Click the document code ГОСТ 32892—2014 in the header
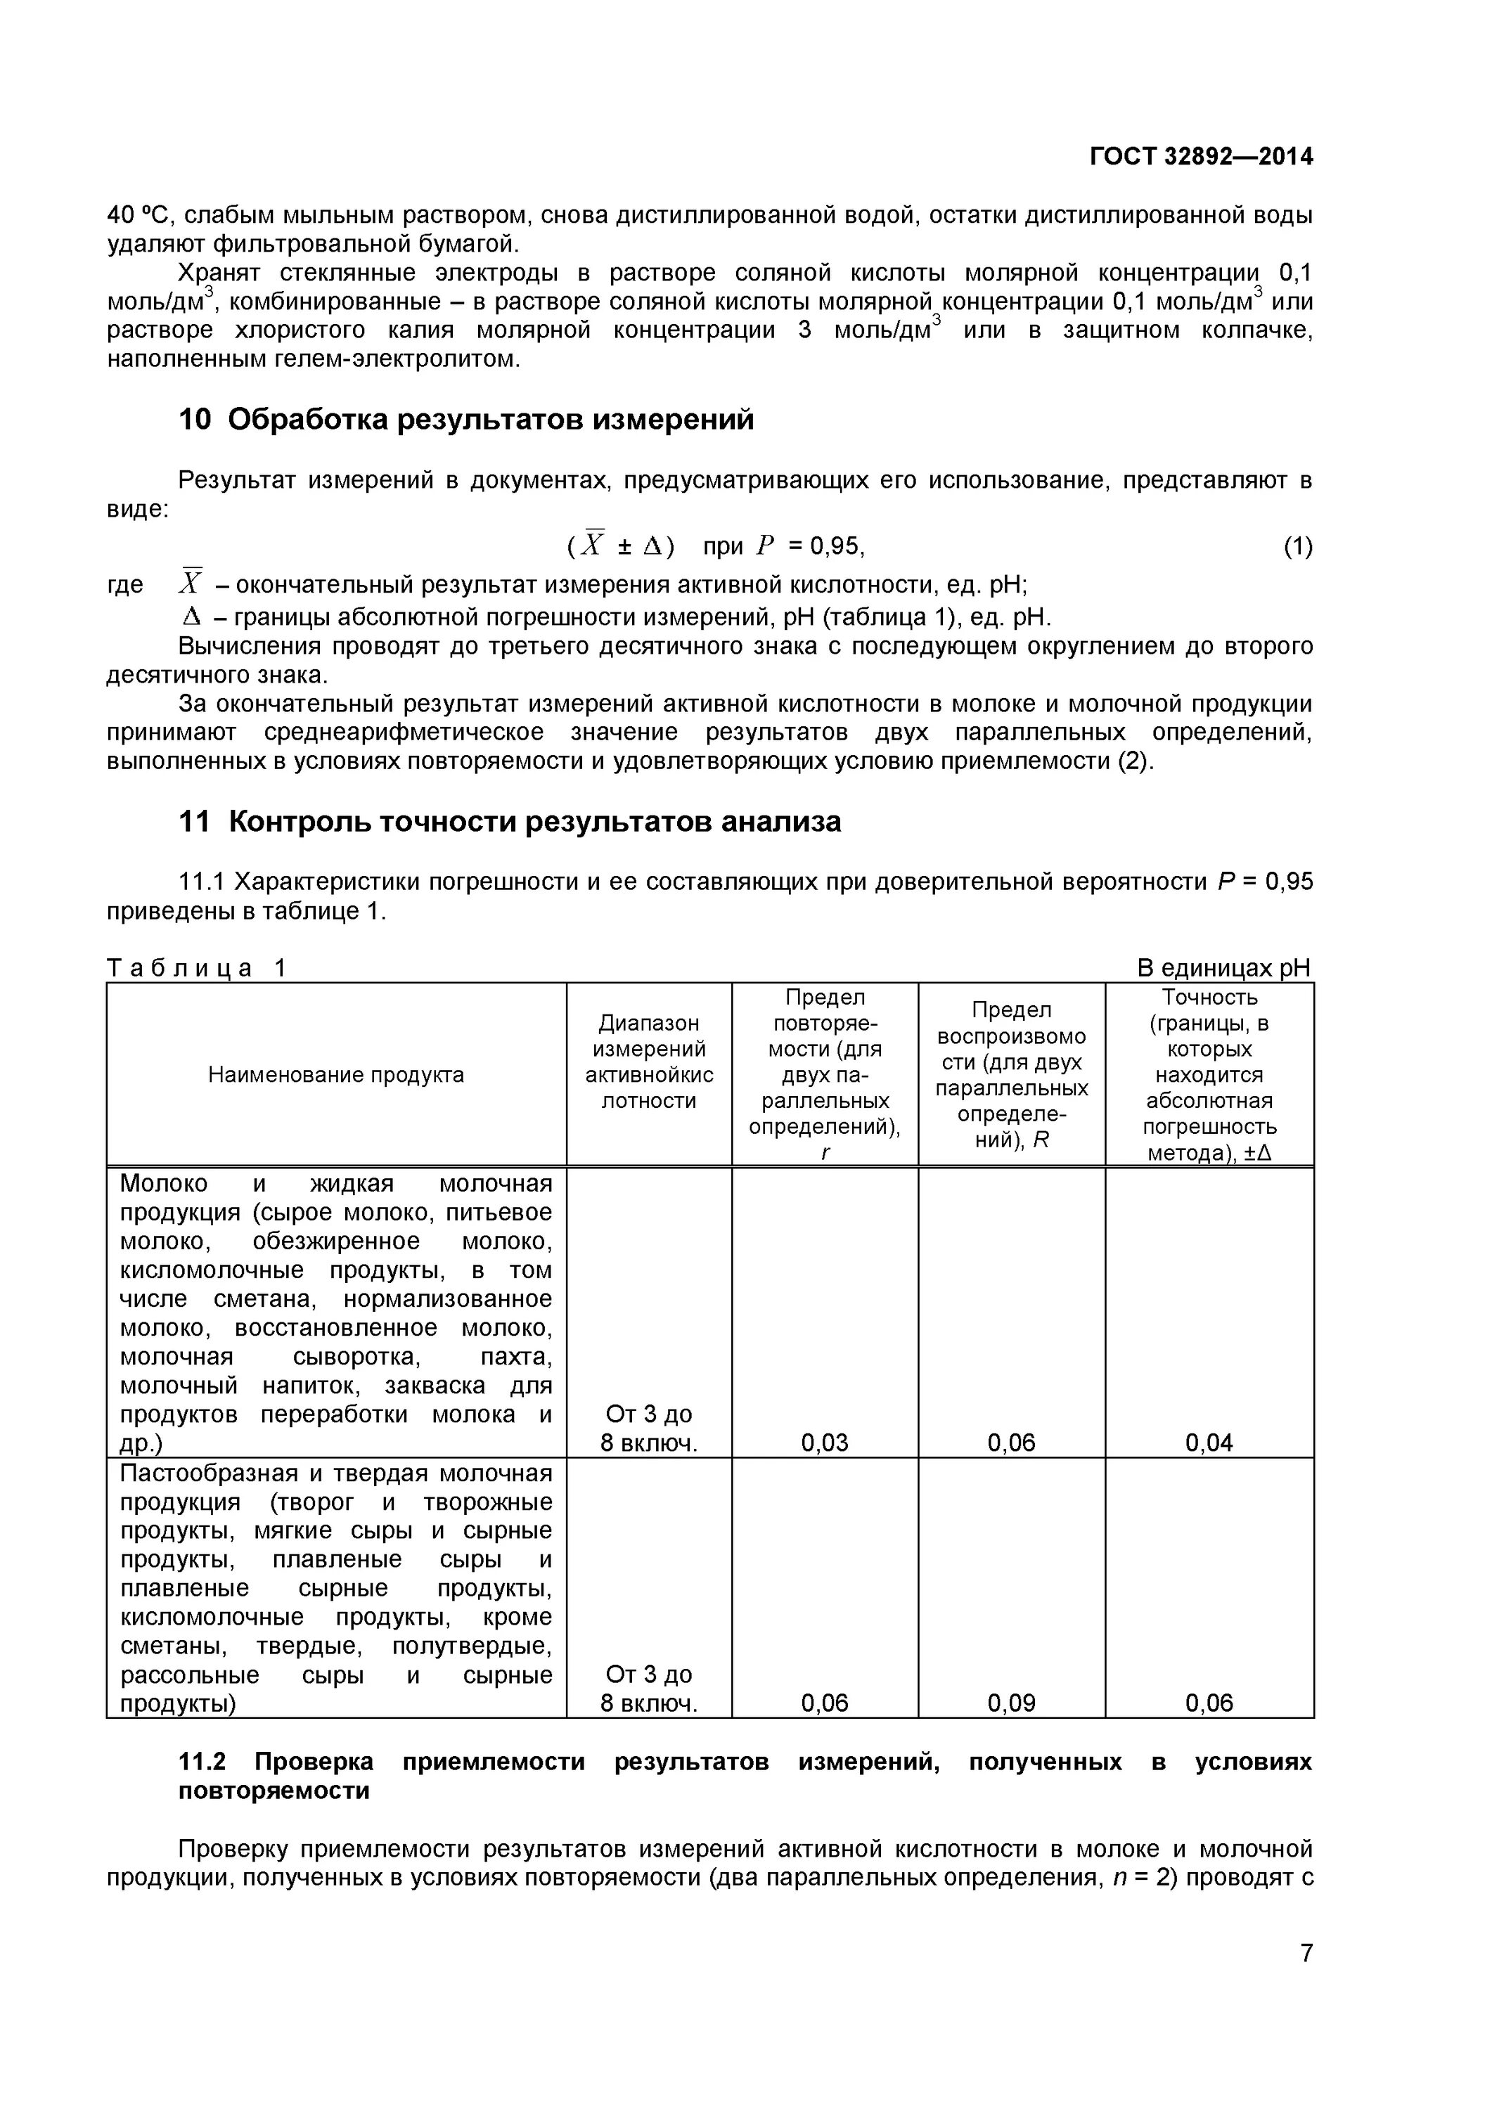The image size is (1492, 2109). tap(1201, 156)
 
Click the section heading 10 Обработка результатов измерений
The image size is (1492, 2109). tap(465, 420)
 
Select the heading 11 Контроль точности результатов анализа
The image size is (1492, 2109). tap(509, 821)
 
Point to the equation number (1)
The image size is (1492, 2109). tap(1297, 546)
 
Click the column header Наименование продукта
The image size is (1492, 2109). tap(335, 1075)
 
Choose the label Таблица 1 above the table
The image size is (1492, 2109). tap(197, 967)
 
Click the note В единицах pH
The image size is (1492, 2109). tap(1223, 967)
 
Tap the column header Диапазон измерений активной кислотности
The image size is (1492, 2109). tap(648, 1062)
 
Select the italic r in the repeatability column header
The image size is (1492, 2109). tap(825, 1153)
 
